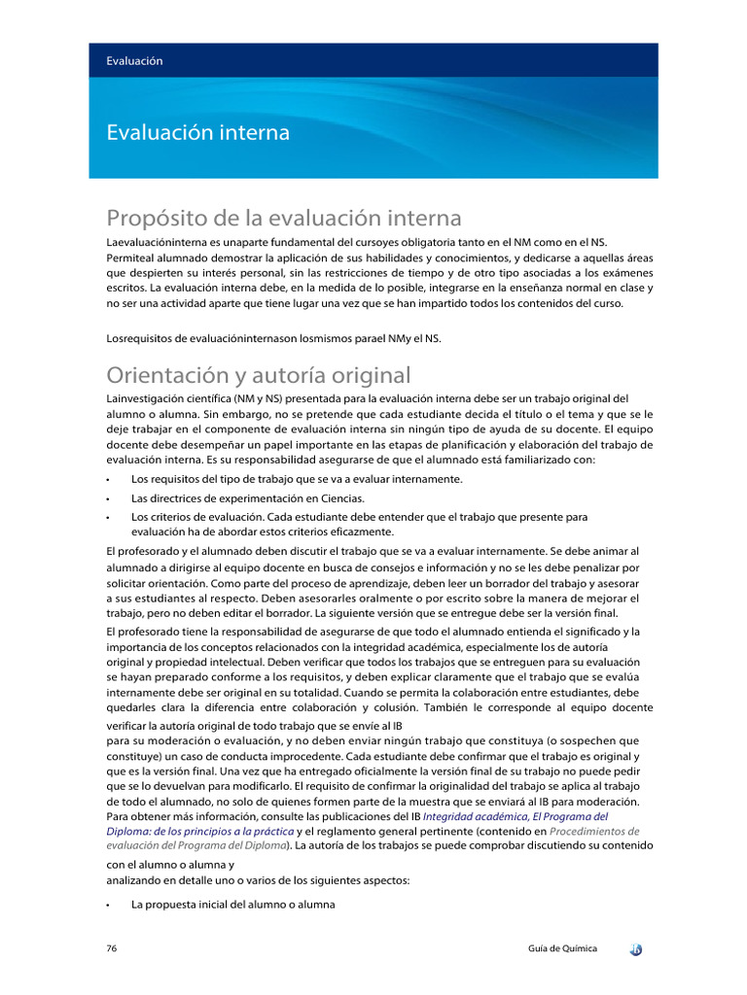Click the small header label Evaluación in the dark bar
(x=134, y=60)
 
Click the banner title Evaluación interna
(x=197, y=132)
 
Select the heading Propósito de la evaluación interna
(x=283, y=217)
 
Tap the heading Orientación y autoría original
(x=258, y=375)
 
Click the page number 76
(x=113, y=948)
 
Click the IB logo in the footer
(x=635, y=948)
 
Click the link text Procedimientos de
(x=594, y=832)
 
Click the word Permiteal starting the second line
(x=129, y=257)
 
